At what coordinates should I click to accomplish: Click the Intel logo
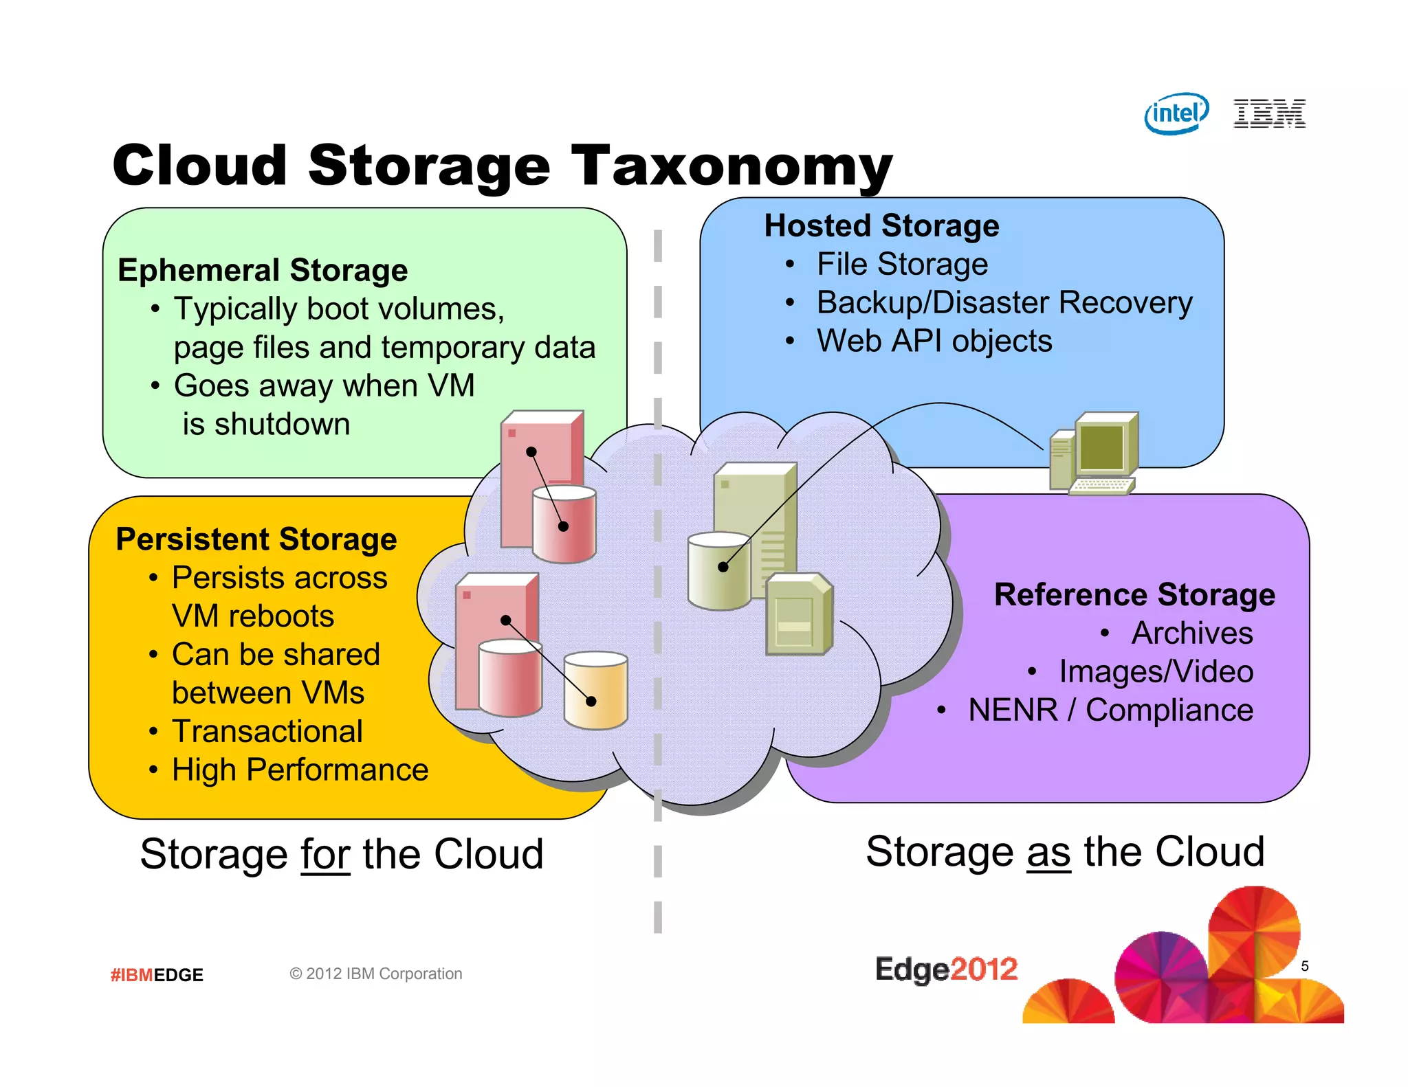(1176, 113)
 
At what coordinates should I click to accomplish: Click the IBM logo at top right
(1269, 113)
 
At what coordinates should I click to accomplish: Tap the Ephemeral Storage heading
(263, 270)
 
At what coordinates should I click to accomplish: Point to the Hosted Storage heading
(881, 225)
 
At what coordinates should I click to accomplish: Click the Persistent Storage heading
(256, 539)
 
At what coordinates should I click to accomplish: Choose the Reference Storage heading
(1134, 594)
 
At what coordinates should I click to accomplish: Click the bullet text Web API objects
(934, 341)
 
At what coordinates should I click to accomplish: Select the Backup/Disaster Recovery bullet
(1004, 302)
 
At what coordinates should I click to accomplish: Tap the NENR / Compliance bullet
(1110, 710)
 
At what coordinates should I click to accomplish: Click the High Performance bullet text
(300, 770)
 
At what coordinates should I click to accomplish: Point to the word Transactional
(267, 731)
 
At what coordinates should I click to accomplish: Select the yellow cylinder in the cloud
(595, 691)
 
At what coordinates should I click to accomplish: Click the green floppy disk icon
(799, 614)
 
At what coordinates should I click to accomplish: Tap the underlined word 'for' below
(325, 854)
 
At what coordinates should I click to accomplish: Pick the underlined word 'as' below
(1048, 852)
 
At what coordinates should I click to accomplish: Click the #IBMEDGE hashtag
(157, 975)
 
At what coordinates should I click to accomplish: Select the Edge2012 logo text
(946, 970)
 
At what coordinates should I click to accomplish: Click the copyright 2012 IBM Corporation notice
(375, 974)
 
